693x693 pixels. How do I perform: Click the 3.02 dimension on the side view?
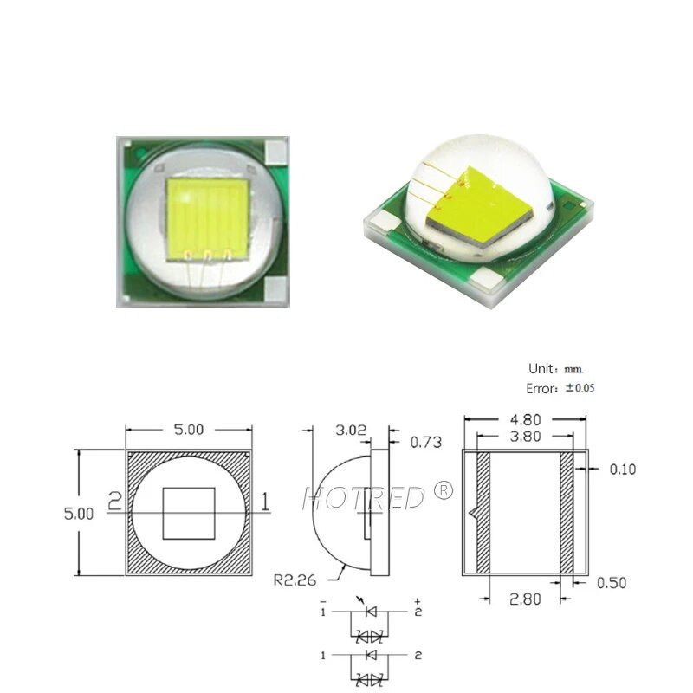click(350, 428)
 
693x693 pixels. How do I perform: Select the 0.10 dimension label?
click(622, 470)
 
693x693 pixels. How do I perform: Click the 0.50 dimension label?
click(612, 582)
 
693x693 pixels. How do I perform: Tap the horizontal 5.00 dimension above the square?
click(188, 429)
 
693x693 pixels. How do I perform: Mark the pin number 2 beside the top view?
click(113, 500)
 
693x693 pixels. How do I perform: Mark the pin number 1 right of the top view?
click(265, 500)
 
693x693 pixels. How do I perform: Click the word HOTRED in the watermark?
click(364, 497)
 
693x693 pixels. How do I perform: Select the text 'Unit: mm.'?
click(555, 368)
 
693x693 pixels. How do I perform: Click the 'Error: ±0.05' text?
click(561, 388)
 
